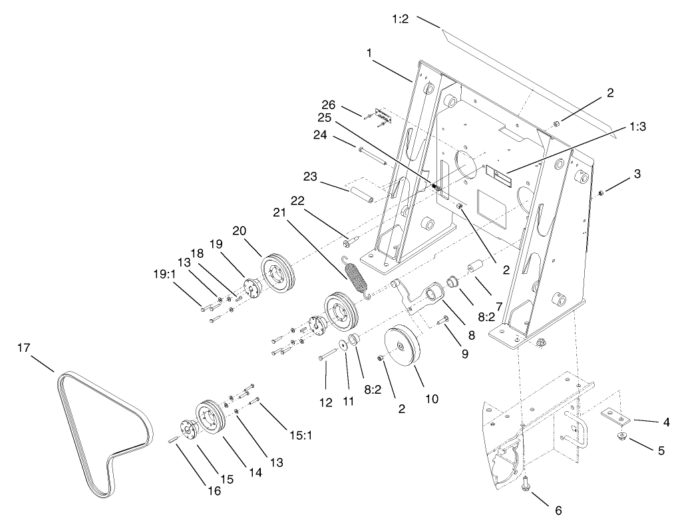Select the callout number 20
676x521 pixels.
coord(240,231)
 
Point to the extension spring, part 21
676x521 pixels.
coord(357,277)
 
